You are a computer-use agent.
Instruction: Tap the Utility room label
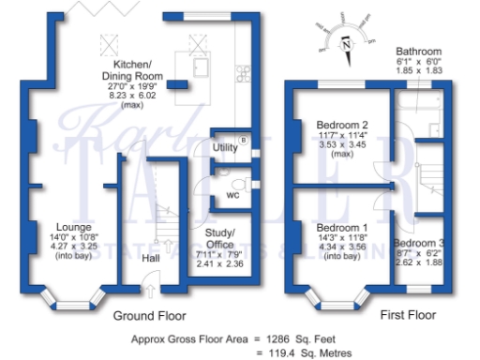coord(225,148)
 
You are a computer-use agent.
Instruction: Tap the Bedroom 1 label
coord(339,228)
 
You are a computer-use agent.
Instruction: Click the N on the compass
coord(347,43)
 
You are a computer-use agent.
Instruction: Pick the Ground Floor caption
coord(149,316)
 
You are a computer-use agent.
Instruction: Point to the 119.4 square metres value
coord(282,352)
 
